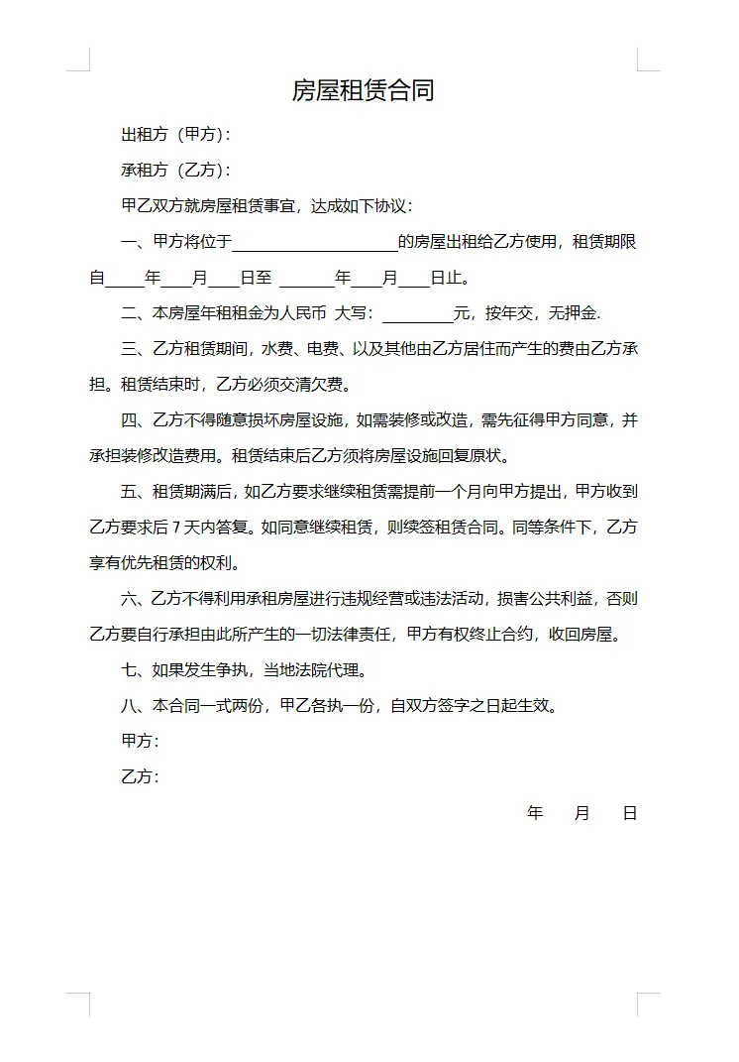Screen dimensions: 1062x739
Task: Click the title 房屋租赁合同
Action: tap(363, 91)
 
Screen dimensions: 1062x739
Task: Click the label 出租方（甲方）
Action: tap(175, 134)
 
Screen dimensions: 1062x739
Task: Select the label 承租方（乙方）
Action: tap(175, 171)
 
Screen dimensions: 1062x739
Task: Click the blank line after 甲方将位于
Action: tap(314, 242)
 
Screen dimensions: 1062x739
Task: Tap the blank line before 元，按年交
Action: tap(417, 314)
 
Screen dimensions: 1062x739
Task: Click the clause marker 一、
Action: tap(133, 242)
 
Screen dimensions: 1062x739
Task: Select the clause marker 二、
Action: tap(133, 314)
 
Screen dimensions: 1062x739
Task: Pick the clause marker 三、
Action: tap(133, 349)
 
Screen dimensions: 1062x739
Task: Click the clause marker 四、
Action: tap(133, 420)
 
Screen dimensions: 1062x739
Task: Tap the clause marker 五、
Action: tap(133, 492)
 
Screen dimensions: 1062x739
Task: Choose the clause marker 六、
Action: tap(133, 599)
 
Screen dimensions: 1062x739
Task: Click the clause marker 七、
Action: tap(133, 670)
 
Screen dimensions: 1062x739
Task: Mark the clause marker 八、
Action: tap(133, 706)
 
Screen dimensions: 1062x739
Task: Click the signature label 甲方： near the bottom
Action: tap(140, 742)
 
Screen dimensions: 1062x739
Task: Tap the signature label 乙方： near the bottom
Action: tap(140, 777)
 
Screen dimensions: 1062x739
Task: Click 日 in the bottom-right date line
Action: tap(630, 814)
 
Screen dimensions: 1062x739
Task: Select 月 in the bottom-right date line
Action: tap(582, 814)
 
